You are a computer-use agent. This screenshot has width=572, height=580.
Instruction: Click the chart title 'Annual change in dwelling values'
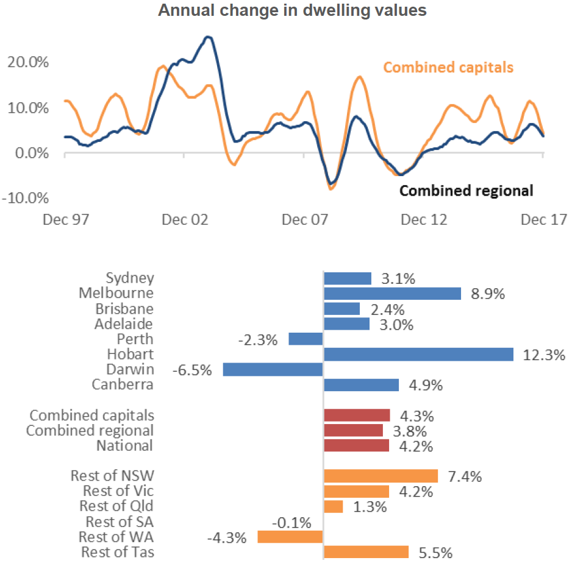[292, 10]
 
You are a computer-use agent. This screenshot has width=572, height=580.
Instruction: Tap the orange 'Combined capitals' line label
[448, 67]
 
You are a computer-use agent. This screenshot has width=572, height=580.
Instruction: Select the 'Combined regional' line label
[466, 191]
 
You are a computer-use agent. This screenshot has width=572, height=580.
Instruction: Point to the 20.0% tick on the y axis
[29, 62]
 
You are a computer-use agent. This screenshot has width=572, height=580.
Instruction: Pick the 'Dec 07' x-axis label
[303, 219]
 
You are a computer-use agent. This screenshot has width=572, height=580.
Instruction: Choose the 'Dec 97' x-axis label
[65, 219]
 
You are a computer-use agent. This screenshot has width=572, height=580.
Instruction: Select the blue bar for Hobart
[418, 355]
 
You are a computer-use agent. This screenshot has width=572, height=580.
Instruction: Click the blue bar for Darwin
[273, 370]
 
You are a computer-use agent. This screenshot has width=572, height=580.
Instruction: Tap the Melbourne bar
[392, 294]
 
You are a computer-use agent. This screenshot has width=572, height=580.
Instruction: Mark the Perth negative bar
[306, 339]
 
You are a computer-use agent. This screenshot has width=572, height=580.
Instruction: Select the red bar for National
[356, 446]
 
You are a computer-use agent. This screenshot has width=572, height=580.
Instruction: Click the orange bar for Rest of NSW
[381, 476]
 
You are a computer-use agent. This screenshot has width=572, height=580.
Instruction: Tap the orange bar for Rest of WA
[290, 537]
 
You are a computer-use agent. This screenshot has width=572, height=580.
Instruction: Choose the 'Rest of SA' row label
[120, 522]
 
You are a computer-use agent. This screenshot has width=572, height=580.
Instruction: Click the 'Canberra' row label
[123, 385]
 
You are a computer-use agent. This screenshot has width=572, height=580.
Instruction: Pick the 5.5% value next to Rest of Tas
[435, 553]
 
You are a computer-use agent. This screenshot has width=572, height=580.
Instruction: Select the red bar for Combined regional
[353, 431]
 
